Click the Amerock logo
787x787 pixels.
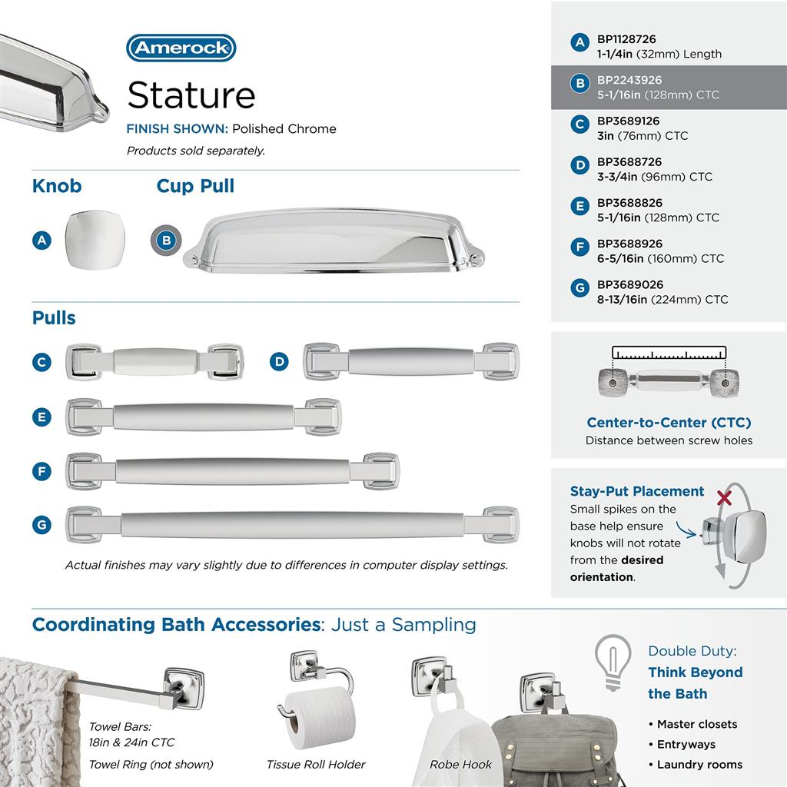181,48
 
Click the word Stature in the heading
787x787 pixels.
191,95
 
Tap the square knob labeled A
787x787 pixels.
93,240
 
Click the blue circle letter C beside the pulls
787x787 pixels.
42,362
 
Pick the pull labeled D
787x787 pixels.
410,361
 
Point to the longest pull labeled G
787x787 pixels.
292,525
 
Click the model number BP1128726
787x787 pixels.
626,39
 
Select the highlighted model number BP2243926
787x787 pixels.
629,80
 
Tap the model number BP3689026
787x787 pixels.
629,284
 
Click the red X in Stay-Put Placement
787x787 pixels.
723,498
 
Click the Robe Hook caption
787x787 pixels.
461,764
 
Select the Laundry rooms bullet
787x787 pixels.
699,764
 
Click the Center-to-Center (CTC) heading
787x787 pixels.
669,423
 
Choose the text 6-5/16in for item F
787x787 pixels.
622,258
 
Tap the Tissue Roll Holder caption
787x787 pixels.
316,764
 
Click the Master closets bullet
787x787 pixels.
696,724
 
